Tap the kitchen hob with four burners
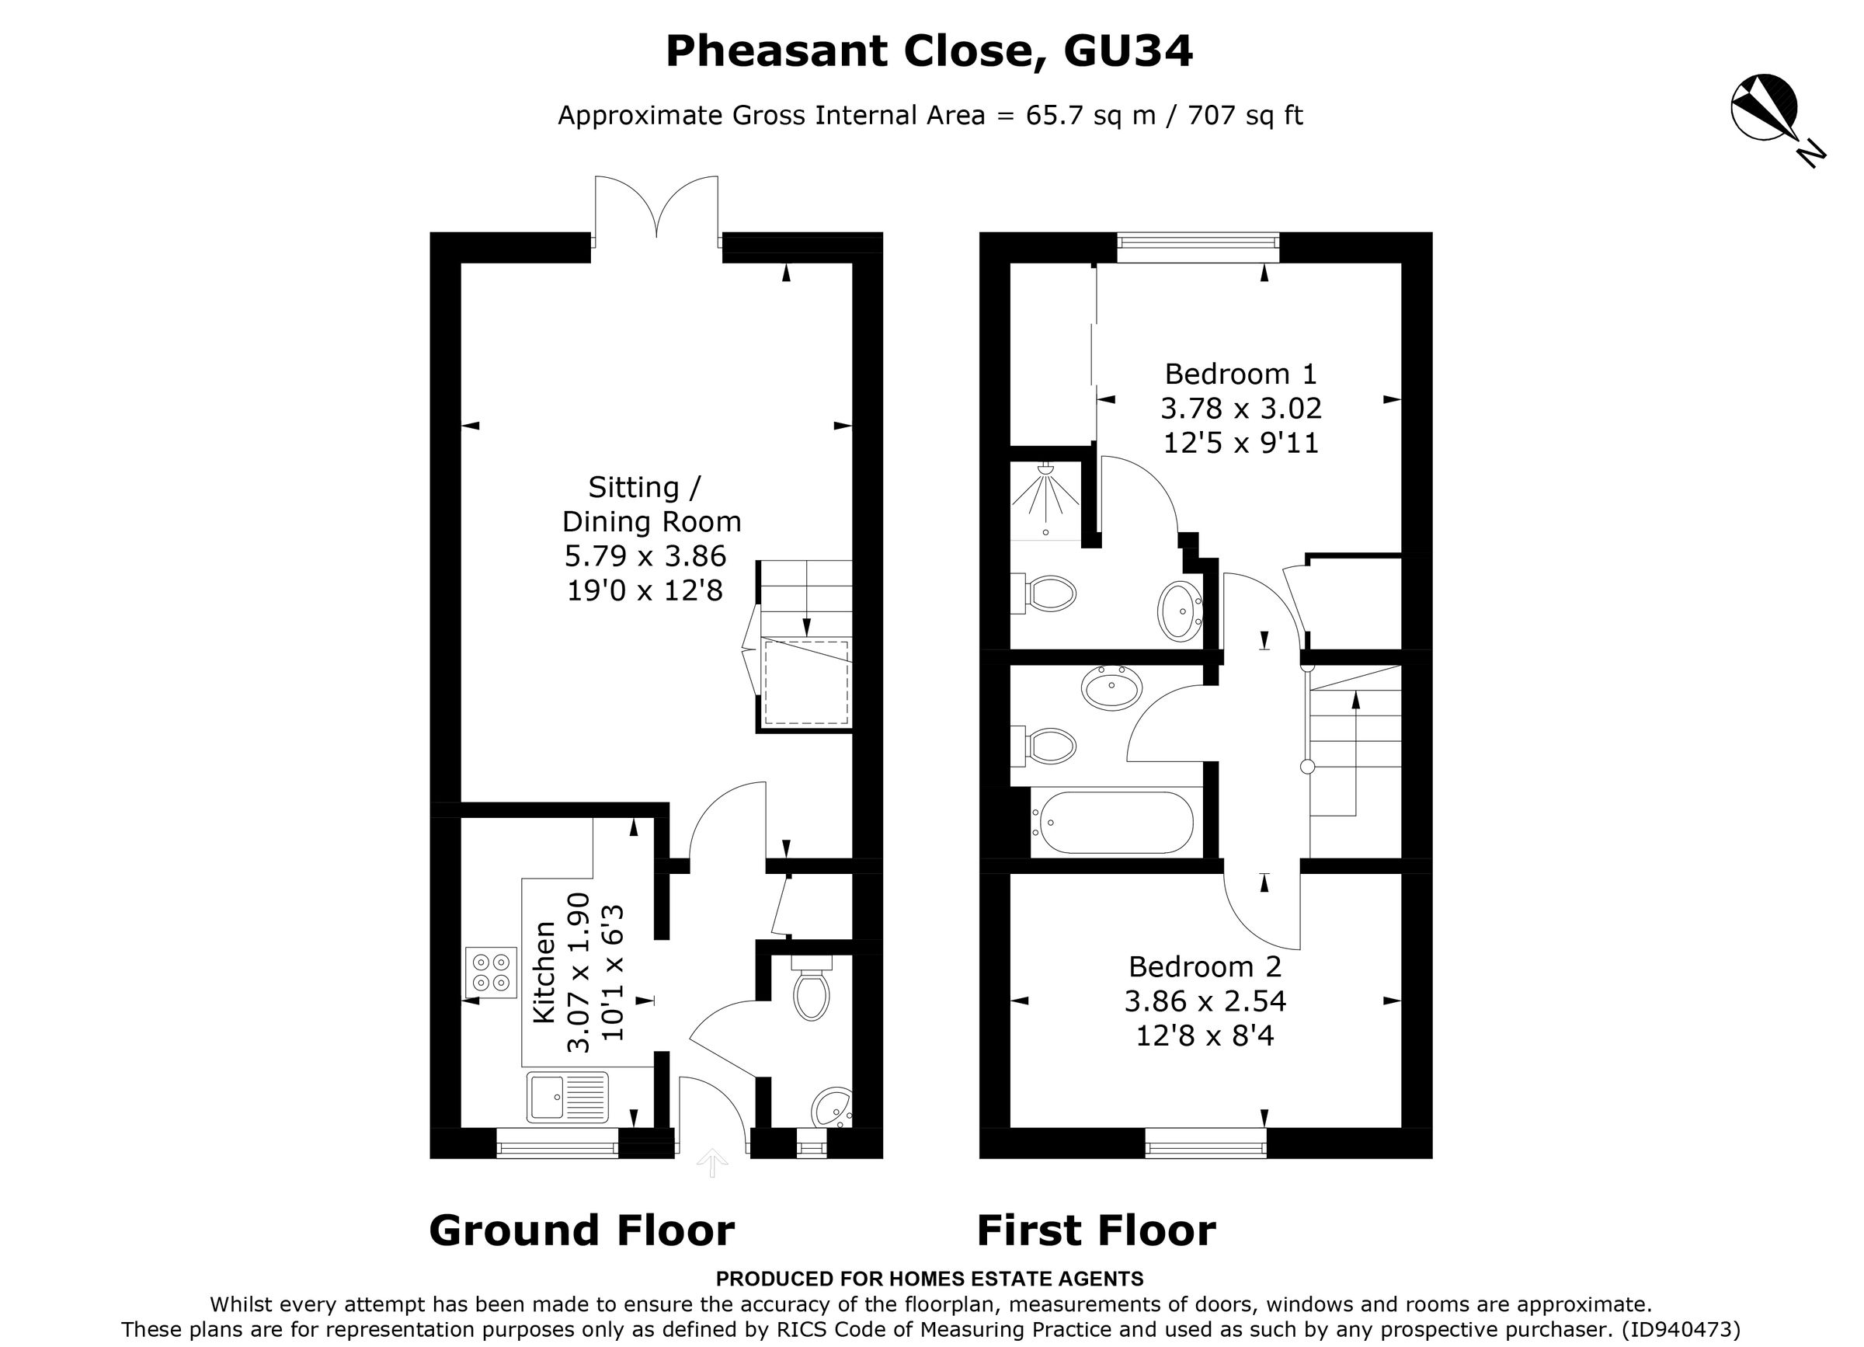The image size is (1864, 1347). [x=491, y=973]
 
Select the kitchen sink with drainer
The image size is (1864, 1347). [x=567, y=1097]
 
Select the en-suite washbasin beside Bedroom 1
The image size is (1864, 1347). [x=1181, y=611]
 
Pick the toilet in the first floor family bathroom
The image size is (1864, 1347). [x=1047, y=747]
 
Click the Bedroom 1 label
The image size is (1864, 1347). [x=1240, y=374]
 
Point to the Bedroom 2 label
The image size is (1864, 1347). [x=1205, y=966]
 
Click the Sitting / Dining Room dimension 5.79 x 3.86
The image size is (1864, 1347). [x=645, y=556]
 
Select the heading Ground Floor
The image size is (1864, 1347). [x=581, y=1230]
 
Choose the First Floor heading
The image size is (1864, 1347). [x=1096, y=1230]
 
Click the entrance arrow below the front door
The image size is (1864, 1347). [x=711, y=1162]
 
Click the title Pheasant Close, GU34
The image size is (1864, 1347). [x=929, y=51]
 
